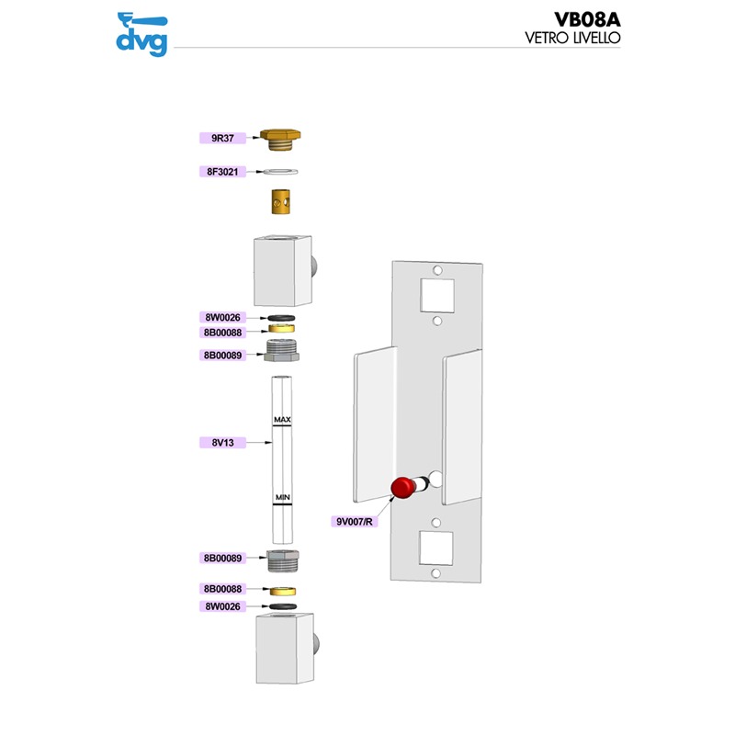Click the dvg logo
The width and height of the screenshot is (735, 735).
point(142,35)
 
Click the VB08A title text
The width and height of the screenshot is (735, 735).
point(587,19)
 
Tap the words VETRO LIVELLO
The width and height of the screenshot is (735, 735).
point(572,38)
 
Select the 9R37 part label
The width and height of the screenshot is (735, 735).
point(222,138)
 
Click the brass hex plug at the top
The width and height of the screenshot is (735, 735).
point(280,140)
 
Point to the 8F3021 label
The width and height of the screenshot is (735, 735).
point(222,172)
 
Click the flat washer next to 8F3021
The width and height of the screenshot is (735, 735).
point(280,172)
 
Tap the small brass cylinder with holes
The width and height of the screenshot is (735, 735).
point(281,201)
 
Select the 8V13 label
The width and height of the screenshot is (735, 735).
point(222,443)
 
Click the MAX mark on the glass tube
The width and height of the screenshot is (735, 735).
point(282,420)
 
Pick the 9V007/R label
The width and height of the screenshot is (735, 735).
point(355,521)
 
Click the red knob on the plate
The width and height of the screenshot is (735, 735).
point(403,488)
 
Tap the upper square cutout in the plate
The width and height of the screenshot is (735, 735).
point(437,295)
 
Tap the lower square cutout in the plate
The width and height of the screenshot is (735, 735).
point(435,548)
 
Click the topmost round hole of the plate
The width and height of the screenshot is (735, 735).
point(437,270)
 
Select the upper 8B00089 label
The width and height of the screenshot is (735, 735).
point(222,356)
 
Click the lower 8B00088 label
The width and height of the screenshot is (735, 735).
point(222,589)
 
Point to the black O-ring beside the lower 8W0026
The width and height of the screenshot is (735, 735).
point(283,606)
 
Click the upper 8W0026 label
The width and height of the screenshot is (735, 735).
point(222,317)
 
